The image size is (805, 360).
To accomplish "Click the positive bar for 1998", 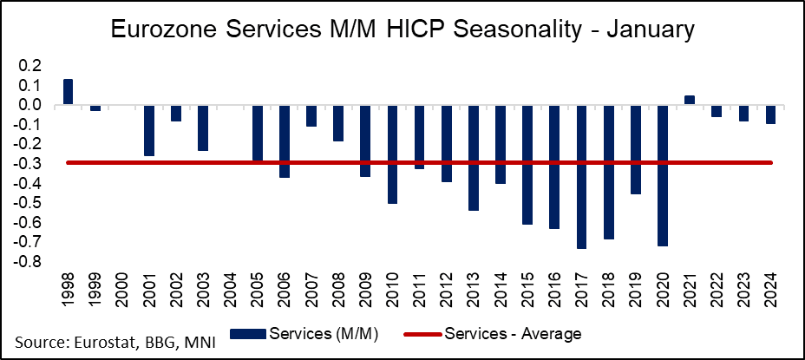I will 68,92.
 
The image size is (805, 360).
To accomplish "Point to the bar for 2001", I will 149,131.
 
